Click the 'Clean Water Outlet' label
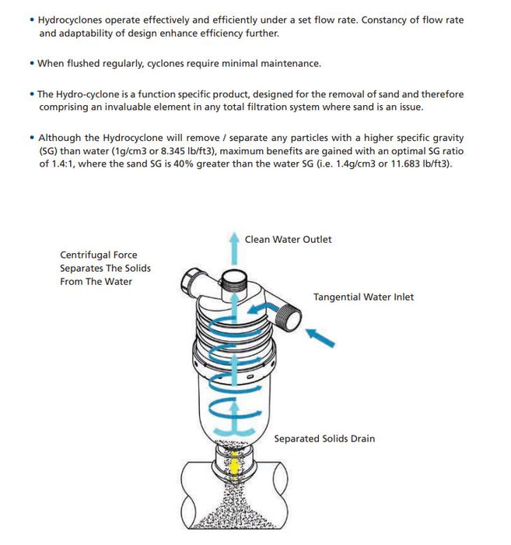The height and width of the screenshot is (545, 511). pos(288,239)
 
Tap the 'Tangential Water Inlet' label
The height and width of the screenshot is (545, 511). pos(363,297)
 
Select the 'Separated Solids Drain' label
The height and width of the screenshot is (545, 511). pos(324,438)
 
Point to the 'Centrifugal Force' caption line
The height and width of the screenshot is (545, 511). pos(98,255)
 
